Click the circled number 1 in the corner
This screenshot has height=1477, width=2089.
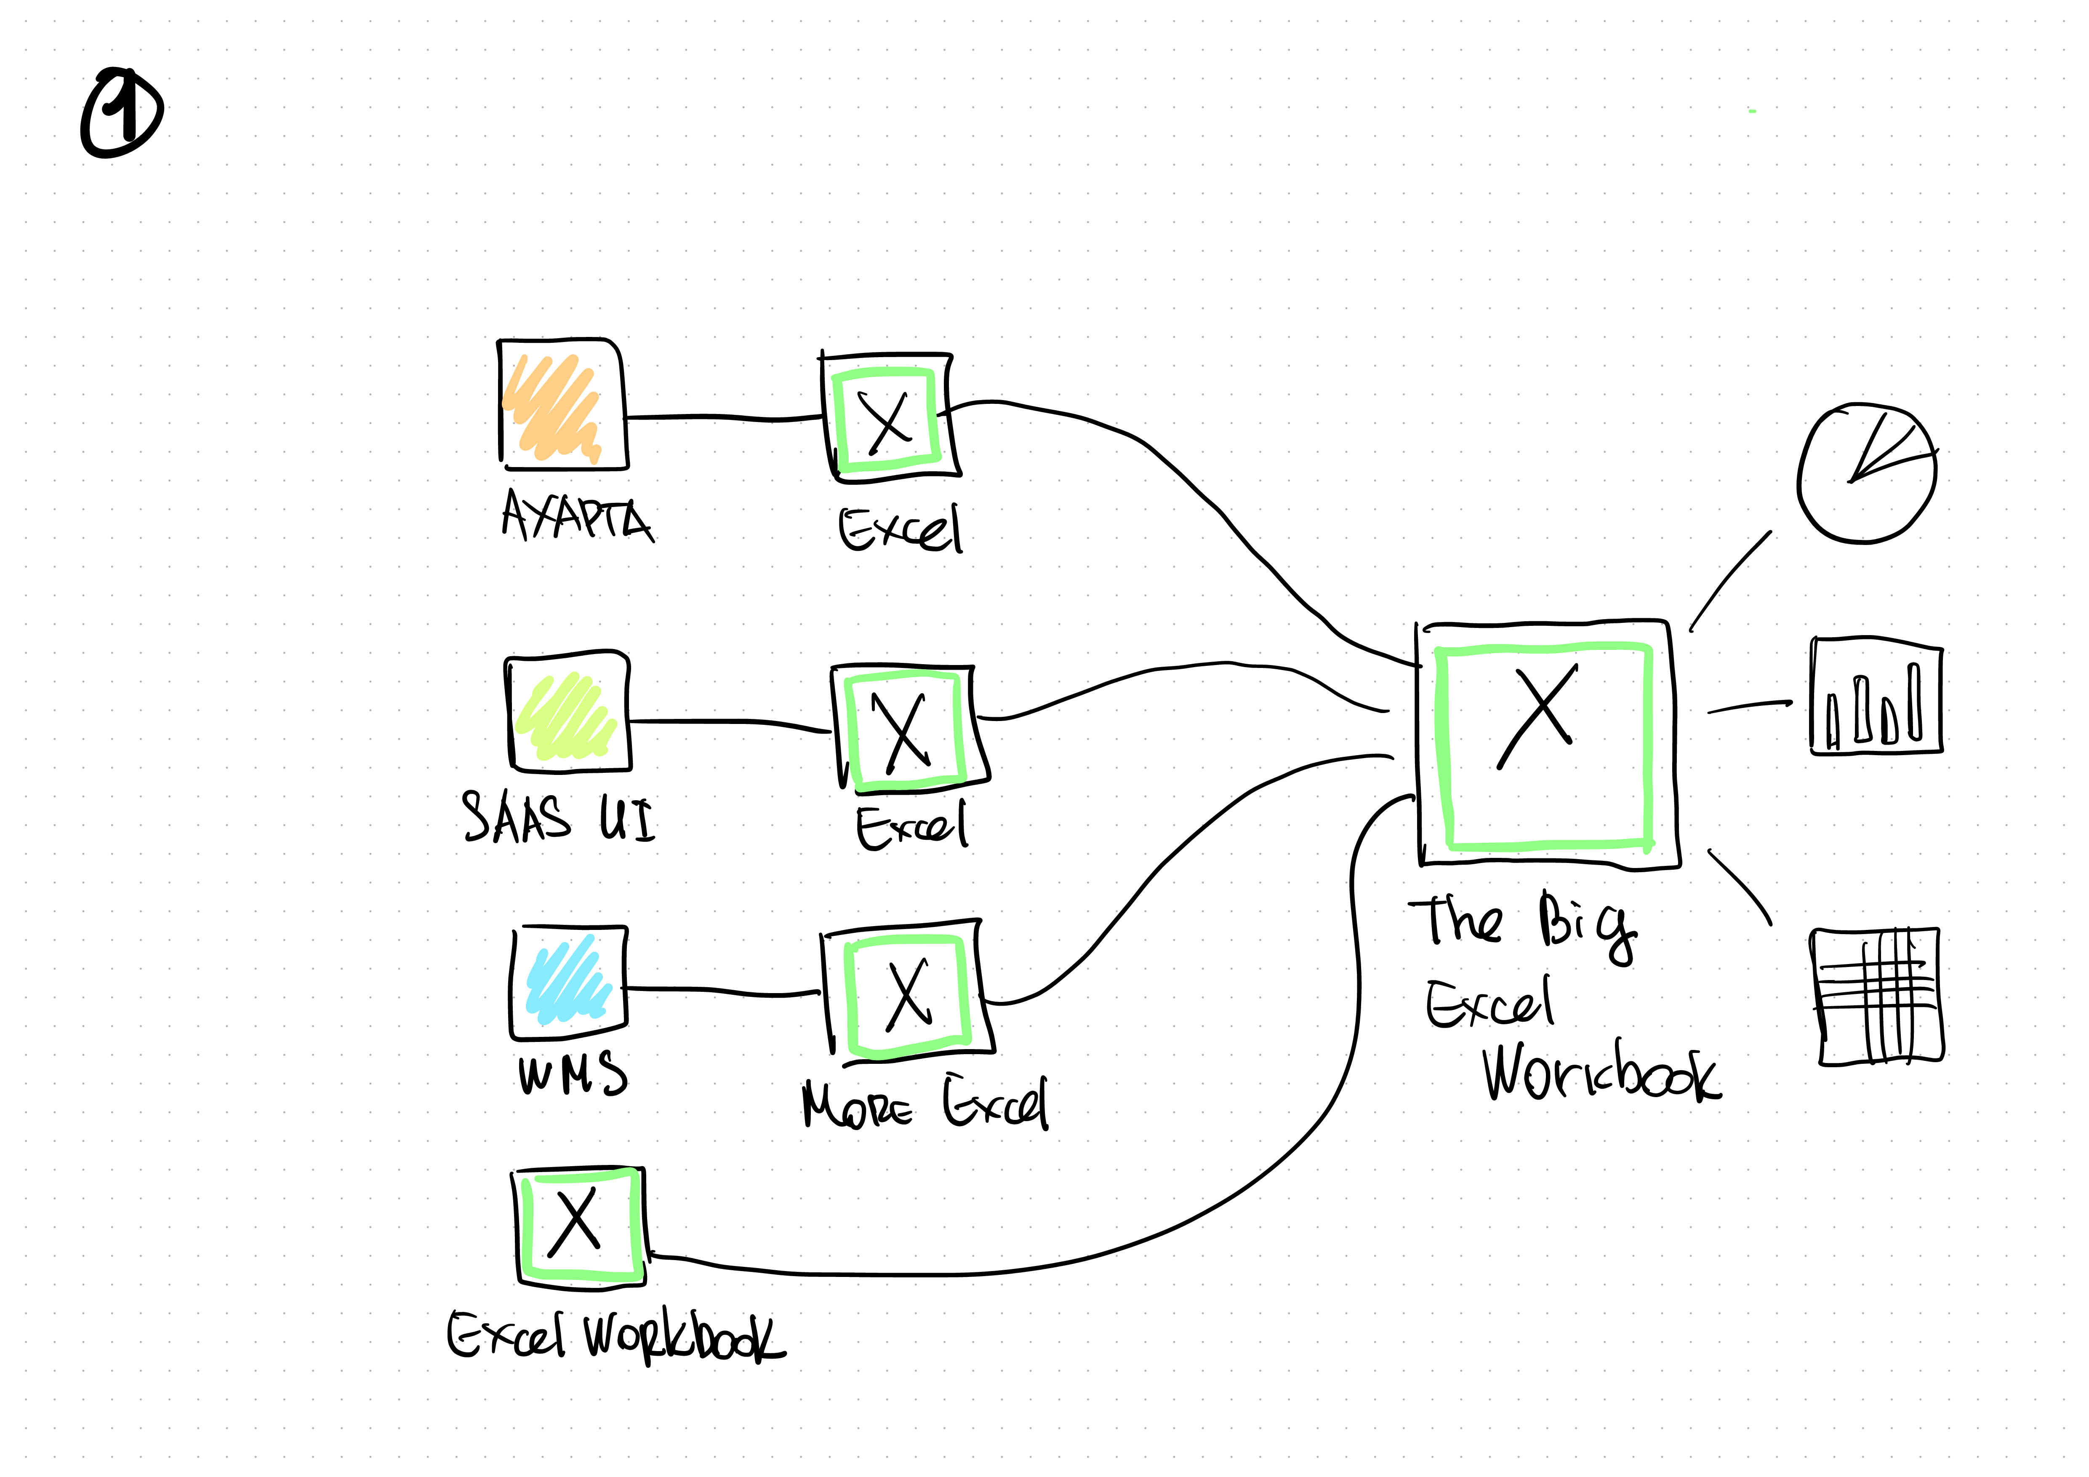click(122, 113)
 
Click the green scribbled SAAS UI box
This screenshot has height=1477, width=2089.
click(568, 712)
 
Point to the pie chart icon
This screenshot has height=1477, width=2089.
click(1867, 473)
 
